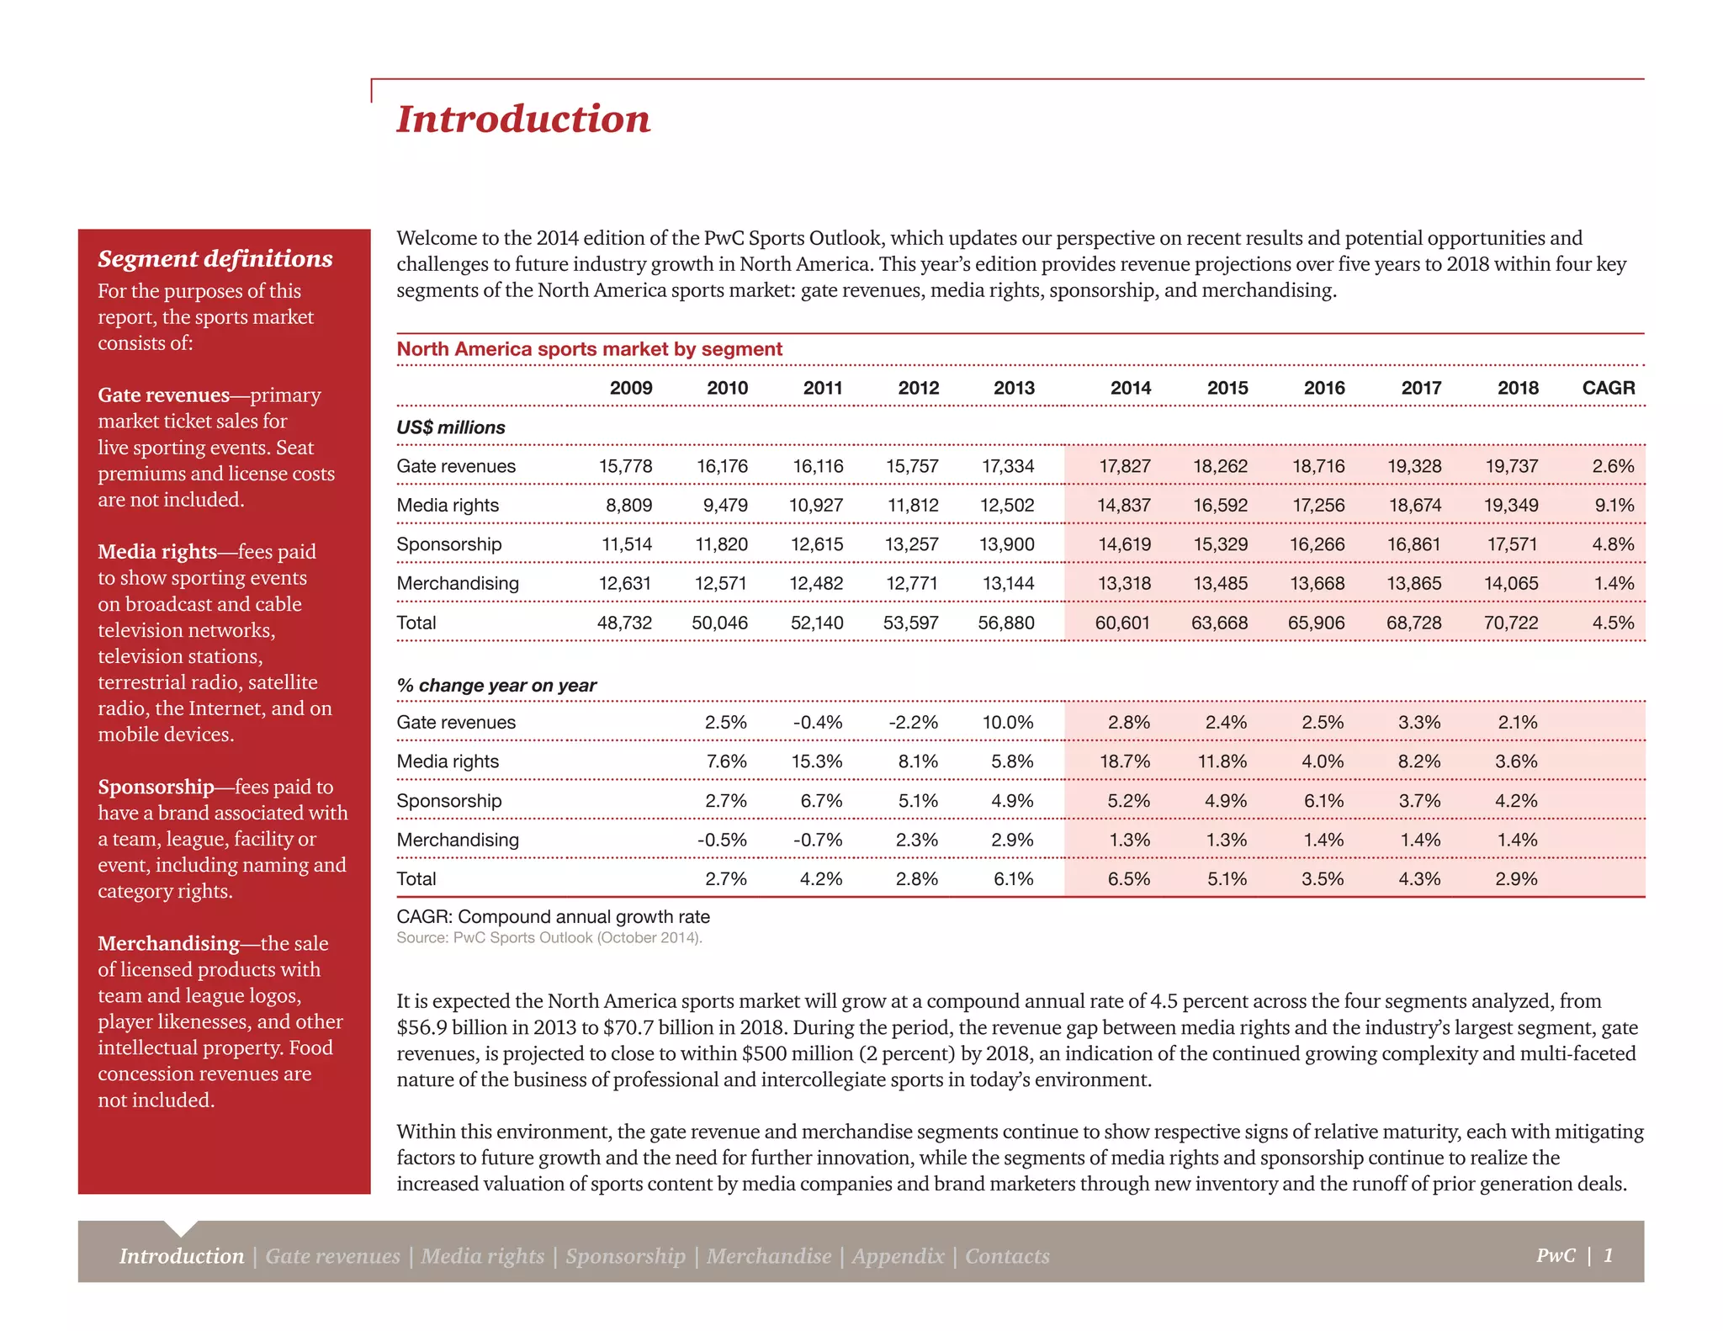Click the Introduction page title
coord(523,119)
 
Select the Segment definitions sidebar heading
coord(215,258)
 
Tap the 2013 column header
coord(1014,388)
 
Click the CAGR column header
coord(1608,388)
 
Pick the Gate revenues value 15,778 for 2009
coord(625,466)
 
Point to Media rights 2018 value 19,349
coord(1511,506)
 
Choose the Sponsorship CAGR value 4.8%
coord(1613,544)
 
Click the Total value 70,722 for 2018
coord(1511,623)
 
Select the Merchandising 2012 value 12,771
coord(912,583)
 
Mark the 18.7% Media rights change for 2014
coord(1125,761)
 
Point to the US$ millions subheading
coord(451,427)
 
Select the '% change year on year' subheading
coord(496,686)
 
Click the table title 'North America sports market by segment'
coord(589,349)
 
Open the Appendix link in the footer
coord(898,1256)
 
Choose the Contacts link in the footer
coord(1007,1256)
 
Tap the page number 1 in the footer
coord(1608,1255)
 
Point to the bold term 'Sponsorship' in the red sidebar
coord(156,787)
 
